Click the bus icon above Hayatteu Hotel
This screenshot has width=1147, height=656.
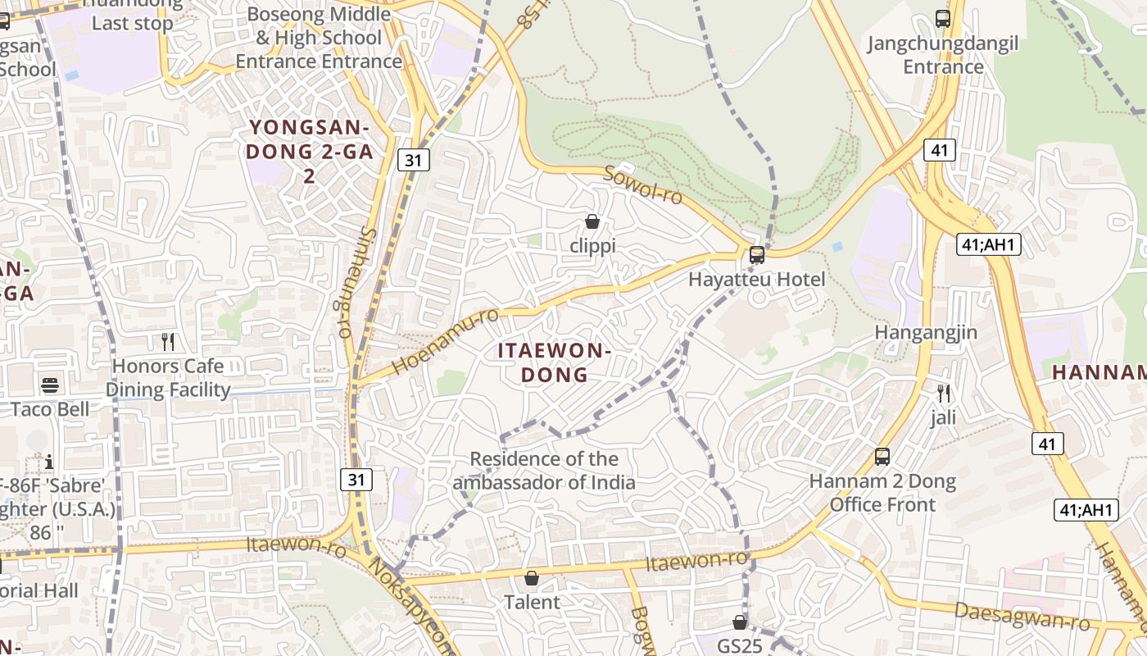click(757, 254)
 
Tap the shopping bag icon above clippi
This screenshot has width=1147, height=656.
click(592, 221)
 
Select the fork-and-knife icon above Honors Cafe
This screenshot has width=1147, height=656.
click(168, 341)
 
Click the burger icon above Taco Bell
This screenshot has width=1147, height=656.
click(50, 385)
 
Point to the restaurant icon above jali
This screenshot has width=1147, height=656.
click(943, 394)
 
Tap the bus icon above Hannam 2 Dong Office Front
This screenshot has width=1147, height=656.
click(882, 457)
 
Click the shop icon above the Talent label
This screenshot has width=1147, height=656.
click(532, 578)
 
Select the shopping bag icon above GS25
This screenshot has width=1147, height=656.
click(740, 622)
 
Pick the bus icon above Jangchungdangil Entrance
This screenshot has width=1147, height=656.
click(943, 18)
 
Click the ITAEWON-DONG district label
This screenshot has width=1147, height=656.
click(555, 363)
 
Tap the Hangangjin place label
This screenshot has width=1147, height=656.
click(926, 332)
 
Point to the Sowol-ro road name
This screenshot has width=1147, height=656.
click(643, 185)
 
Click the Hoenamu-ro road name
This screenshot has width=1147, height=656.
click(446, 340)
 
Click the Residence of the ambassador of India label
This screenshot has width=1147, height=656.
click(544, 470)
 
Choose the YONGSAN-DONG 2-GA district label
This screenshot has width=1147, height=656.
click(309, 152)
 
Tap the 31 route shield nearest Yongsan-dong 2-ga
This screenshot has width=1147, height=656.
click(414, 160)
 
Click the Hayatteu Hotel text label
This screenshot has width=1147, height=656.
click(756, 279)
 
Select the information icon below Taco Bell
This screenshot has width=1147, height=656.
click(49, 462)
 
